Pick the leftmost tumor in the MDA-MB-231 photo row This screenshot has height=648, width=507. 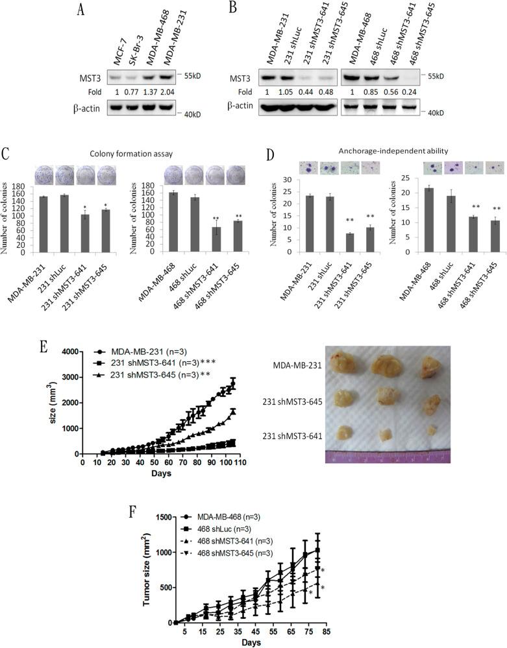coord(347,362)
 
